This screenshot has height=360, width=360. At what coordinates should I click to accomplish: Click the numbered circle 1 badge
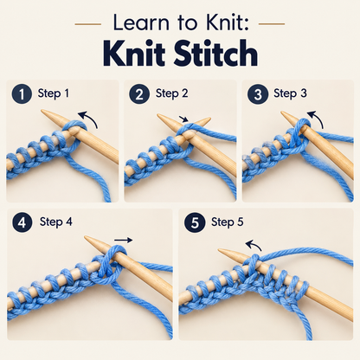pyautogui.click(x=22, y=94)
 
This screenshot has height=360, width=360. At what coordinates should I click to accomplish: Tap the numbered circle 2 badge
pyautogui.click(x=139, y=94)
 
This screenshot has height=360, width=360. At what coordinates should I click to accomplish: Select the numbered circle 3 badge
pyautogui.click(x=257, y=94)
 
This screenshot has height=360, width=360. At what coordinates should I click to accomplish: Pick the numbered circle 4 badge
pyautogui.click(x=22, y=222)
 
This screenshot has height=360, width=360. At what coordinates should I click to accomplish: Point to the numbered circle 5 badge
pyautogui.click(x=195, y=222)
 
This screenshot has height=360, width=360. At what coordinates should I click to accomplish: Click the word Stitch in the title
pyautogui.click(x=215, y=54)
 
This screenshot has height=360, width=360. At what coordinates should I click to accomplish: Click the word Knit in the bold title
pyautogui.click(x=134, y=54)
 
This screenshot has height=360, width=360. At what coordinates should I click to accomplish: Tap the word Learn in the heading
pyautogui.click(x=141, y=22)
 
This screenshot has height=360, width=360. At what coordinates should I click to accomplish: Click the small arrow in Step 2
pyautogui.click(x=183, y=119)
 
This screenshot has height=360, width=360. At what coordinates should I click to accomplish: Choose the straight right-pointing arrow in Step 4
pyautogui.click(x=123, y=240)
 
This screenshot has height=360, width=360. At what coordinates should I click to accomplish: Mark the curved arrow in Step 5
pyautogui.click(x=254, y=244)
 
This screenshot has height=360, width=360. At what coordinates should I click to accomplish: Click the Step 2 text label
pyautogui.click(x=172, y=93)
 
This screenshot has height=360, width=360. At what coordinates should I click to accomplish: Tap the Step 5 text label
pyautogui.click(x=228, y=222)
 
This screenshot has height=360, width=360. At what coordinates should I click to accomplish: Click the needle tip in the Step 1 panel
pyautogui.click(x=42, y=111)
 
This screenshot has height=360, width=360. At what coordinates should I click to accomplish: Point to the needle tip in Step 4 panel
pyautogui.click(x=85, y=237)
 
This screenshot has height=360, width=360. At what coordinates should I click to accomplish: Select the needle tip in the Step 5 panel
pyautogui.click(x=219, y=250)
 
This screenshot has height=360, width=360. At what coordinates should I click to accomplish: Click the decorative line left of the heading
pyautogui.click(x=88, y=24)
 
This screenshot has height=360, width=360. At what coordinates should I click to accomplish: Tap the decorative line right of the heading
pyautogui.click(x=272, y=24)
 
